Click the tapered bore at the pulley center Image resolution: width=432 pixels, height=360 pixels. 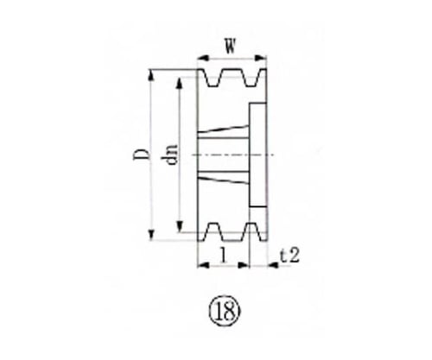[223, 155]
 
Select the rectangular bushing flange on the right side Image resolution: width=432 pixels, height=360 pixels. [257, 155]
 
